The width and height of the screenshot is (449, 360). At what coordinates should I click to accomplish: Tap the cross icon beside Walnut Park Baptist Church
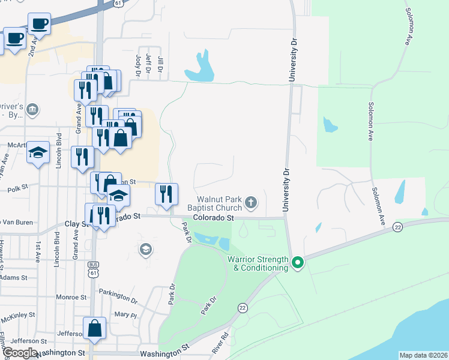251,203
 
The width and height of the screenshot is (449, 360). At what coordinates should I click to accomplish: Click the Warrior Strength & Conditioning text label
258,263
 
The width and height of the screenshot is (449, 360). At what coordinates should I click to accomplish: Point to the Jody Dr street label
138,65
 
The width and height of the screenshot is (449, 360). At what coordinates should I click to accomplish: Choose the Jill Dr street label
160,64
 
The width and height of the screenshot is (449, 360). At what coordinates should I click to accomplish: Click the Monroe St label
71,297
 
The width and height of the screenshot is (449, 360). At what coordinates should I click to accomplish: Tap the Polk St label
17,189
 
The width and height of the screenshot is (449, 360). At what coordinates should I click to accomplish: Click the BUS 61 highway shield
92,269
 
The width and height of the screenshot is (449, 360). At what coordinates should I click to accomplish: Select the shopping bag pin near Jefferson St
95,328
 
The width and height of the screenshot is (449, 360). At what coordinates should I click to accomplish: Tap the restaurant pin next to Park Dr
167,194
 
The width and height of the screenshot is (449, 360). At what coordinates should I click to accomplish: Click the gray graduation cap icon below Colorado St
145,248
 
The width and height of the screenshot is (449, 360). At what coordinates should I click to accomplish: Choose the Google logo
19,353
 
